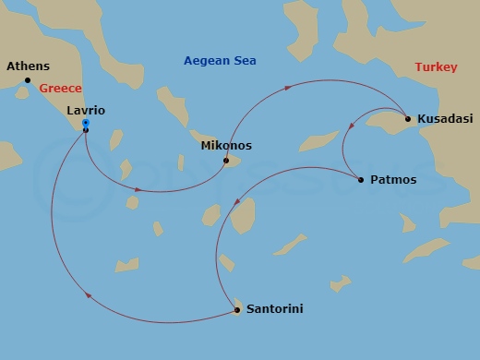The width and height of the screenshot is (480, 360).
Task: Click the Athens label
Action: coord(28,66)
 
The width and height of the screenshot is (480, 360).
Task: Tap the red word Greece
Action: coord(60,88)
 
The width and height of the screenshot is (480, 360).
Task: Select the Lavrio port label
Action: coord(86,110)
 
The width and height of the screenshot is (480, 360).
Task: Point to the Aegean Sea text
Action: coord(220,61)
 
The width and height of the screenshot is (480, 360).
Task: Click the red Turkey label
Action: coord(436,67)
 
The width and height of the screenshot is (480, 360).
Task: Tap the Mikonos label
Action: coord(225,146)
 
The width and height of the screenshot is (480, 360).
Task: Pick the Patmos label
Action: coord(392,180)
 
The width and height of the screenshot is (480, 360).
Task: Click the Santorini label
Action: coord(274,309)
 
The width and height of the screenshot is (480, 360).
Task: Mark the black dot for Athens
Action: coord(28,80)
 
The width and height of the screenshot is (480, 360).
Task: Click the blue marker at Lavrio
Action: coord(85,123)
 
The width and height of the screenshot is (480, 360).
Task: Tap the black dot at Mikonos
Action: coord(226,161)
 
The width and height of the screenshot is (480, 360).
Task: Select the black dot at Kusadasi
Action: coord(407,118)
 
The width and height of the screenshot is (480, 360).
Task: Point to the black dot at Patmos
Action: coord(360,179)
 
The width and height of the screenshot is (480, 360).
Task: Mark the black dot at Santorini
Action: coord(238,310)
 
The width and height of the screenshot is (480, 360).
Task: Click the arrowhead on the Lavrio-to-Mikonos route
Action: coord(138,189)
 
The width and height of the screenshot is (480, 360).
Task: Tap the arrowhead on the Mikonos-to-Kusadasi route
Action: coord(288,88)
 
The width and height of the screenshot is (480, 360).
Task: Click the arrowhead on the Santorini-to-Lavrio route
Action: coord(88,295)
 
